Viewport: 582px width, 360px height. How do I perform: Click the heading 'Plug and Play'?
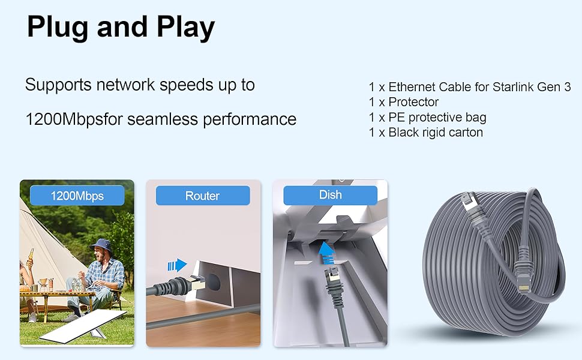[121, 28]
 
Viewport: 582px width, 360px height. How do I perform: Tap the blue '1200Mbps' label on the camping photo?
[77, 196]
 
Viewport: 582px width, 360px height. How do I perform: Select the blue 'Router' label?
[202, 196]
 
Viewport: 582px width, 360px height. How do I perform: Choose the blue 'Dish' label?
[330, 195]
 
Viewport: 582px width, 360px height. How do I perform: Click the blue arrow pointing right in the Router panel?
[178, 265]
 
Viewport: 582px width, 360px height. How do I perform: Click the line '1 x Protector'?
[404, 102]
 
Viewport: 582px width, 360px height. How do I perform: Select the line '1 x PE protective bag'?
[427, 117]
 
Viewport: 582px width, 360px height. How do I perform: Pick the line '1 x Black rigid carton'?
[425, 132]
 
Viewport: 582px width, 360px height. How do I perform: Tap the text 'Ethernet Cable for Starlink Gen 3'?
[479, 87]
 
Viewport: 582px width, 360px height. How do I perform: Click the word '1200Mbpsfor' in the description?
[73, 119]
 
